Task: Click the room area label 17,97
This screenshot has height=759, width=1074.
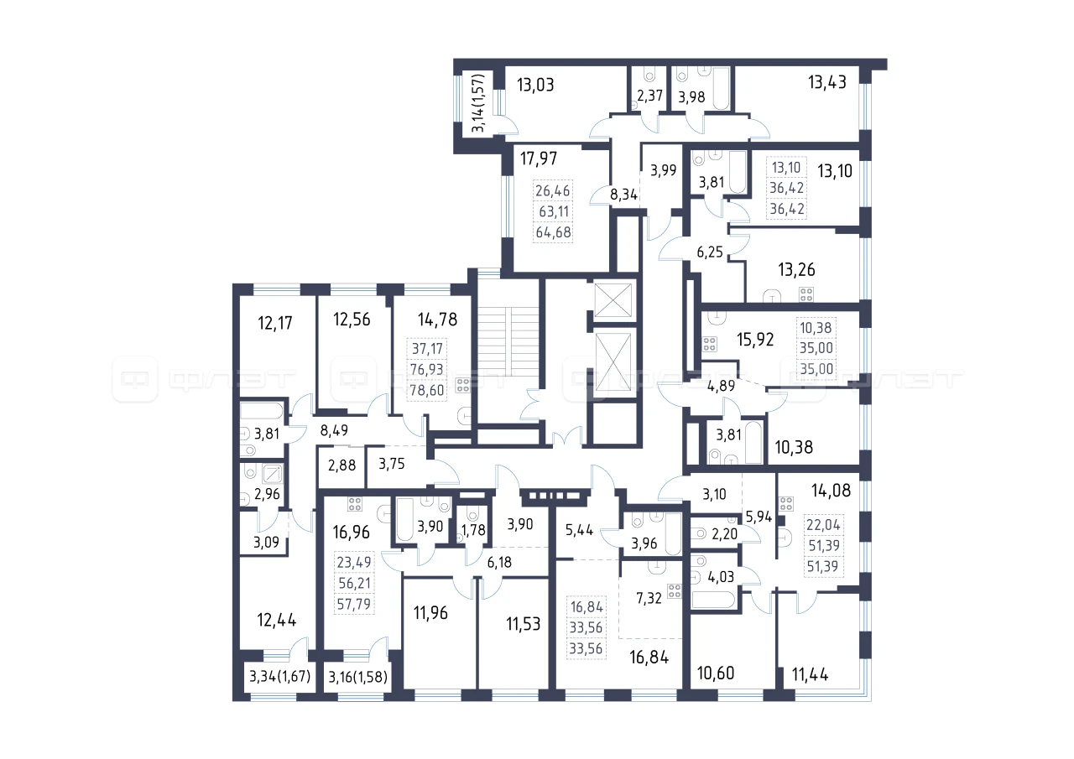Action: (x=539, y=159)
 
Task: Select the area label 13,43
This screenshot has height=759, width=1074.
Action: (x=827, y=82)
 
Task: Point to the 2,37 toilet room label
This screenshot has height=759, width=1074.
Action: (x=649, y=96)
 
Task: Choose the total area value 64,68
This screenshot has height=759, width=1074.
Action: (x=553, y=232)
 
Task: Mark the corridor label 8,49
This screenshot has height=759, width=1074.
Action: (x=334, y=430)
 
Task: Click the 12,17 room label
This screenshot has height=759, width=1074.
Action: (x=274, y=323)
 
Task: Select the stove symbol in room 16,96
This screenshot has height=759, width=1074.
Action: (x=355, y=503)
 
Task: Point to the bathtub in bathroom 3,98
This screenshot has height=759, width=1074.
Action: (x=721, y=89)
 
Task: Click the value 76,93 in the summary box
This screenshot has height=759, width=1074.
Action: (x=427, y=370)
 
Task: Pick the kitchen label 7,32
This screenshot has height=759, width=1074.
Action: (x=649, y=598)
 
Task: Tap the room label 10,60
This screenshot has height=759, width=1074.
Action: (x=716, y=673)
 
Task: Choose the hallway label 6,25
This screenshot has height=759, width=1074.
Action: (x=710, y=252)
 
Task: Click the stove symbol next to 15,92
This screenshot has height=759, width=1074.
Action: (x=710, y=344)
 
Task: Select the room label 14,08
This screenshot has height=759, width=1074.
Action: (x=831, y=491)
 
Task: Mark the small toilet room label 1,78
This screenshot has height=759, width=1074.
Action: (x=473, y=529)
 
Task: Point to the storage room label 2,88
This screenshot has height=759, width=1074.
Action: (x=341, y=465)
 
